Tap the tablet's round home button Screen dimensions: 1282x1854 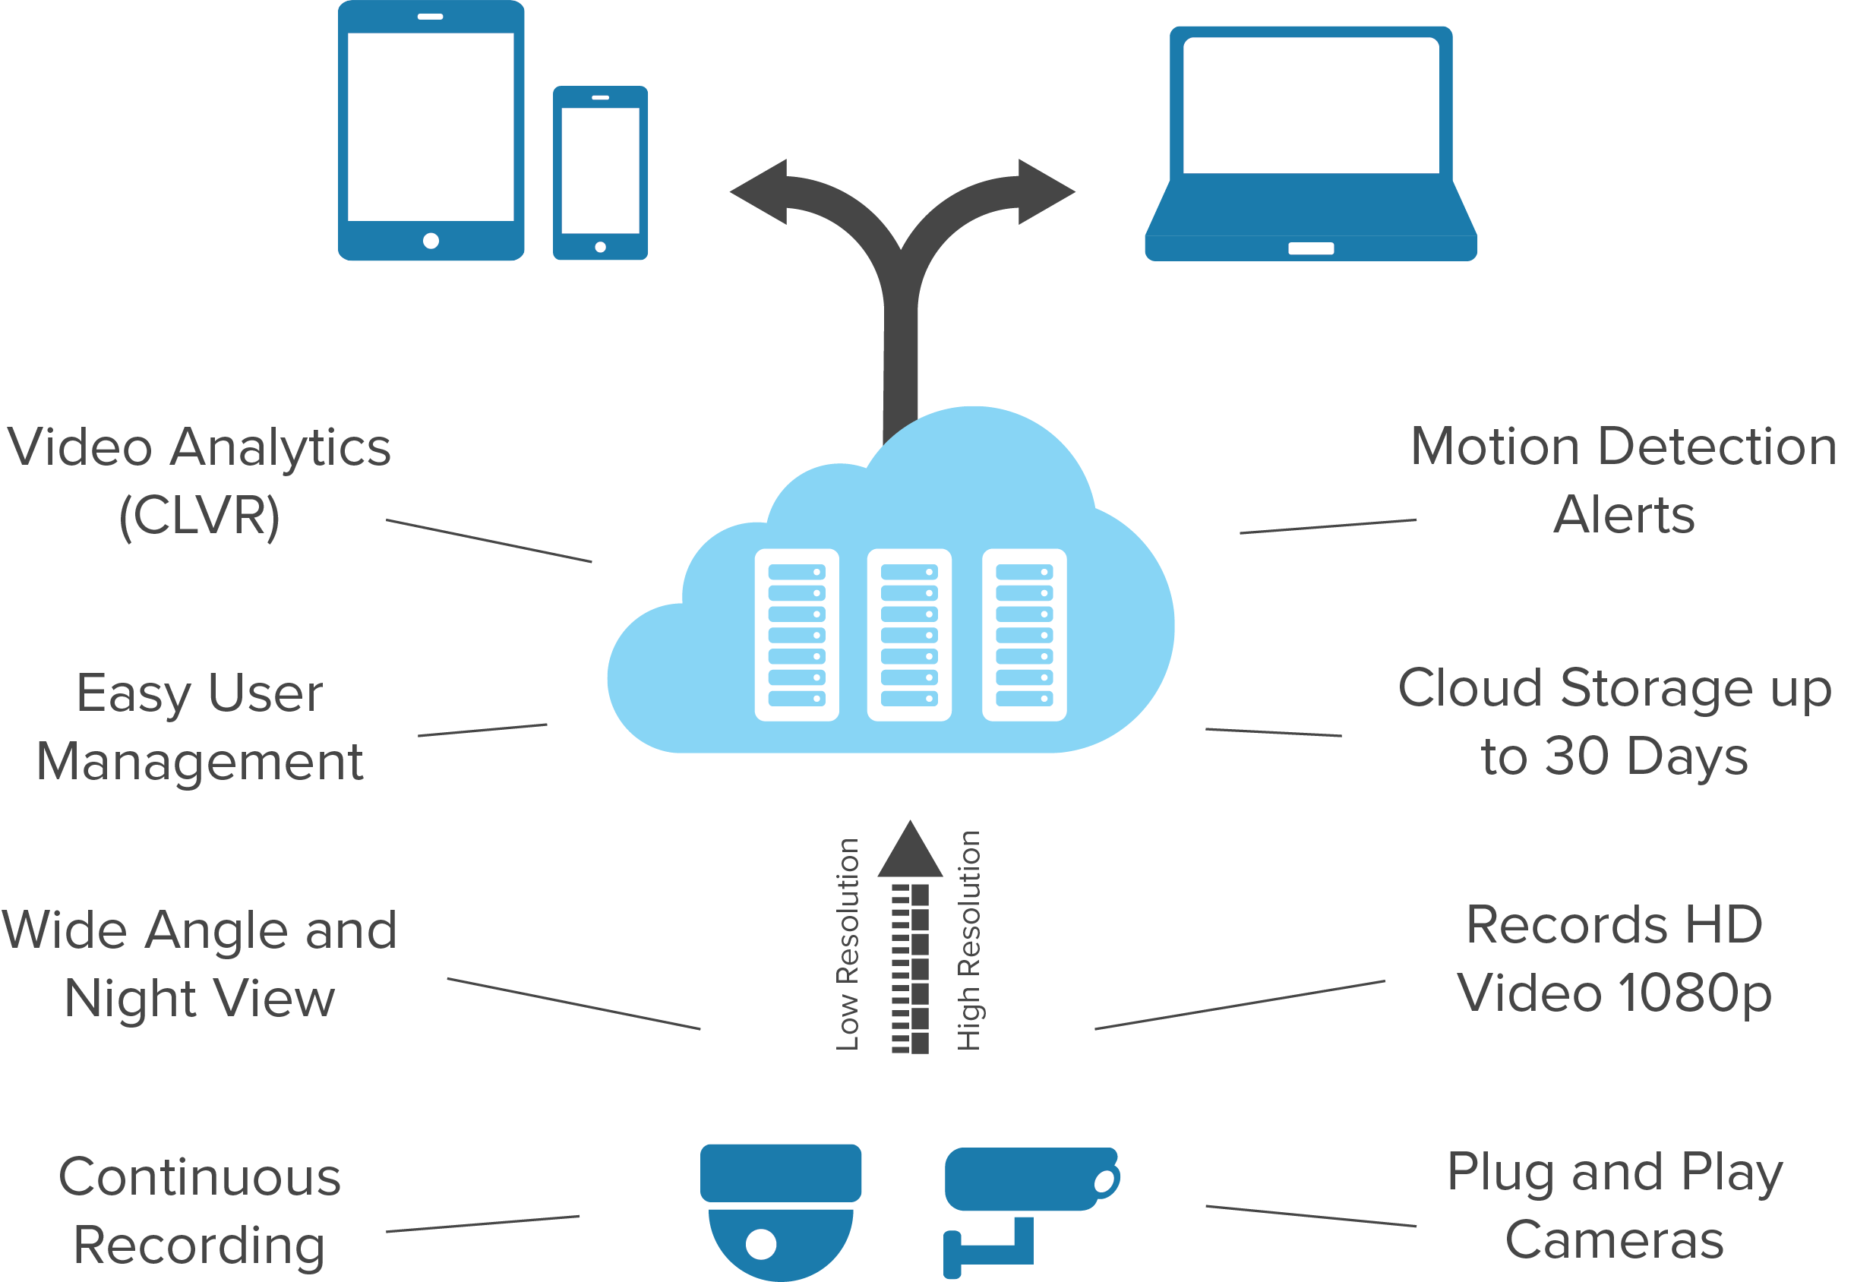click(431, 240)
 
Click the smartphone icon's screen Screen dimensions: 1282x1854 click(600, 170)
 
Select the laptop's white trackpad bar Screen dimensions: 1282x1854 click(1311, 248)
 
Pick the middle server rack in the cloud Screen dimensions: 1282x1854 click(909, 635)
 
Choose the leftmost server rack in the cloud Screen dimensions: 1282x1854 click(797, 635)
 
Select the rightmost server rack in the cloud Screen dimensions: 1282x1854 click(1024, 635)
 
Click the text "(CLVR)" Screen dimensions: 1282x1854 click(199, 515)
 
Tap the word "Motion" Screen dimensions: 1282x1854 click(1496, 447)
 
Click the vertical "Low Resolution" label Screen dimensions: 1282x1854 click(848, 944)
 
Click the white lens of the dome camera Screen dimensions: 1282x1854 click(761, 1244)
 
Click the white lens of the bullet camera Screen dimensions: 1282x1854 click(1104, 1182)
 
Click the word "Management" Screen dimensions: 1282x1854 click(200, 762)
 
